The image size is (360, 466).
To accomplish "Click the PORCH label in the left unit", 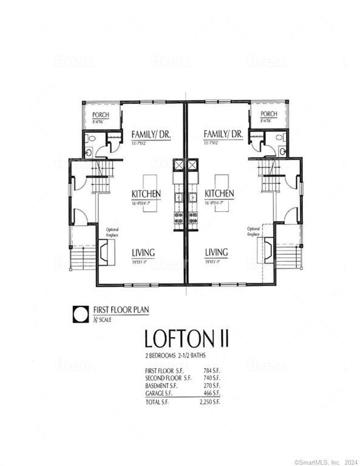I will [100, 115].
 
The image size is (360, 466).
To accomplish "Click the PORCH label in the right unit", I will [269, 114].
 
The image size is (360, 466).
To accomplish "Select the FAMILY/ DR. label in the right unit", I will [223, 134].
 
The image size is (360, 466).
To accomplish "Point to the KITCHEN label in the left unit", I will [146, 194].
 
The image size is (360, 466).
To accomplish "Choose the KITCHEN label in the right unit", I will [219, 194].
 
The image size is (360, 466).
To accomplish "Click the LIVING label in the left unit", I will [143, 252].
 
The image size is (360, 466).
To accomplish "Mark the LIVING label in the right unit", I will [216, 252].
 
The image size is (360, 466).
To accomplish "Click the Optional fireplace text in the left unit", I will [113, 232].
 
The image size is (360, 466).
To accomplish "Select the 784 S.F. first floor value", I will [211, 370].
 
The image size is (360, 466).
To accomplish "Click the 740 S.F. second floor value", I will [211, 377].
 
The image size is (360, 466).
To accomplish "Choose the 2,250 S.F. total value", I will [208, 402].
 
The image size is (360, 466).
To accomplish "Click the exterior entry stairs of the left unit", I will [83, 258].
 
